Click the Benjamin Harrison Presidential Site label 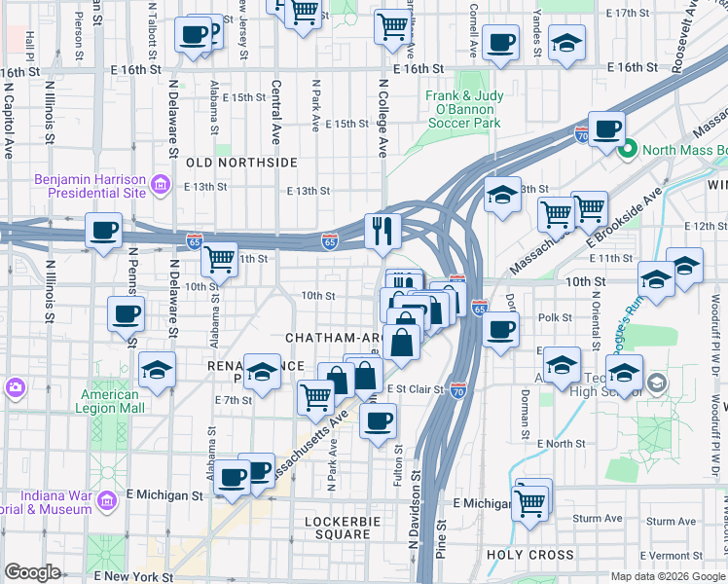click(x=90, y=185)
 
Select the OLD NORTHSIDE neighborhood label click(x=241, y=163)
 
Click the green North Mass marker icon click(x=628, y=150)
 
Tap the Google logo click(x=32, y=572)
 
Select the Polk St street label click(x=555, y=317)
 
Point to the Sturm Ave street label click(x=598, y=519)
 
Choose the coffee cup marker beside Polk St click(x=500, y=329)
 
